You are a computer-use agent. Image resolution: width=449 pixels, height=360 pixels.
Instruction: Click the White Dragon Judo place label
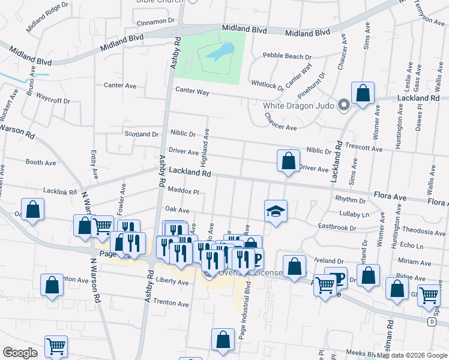click(x=298, y=106)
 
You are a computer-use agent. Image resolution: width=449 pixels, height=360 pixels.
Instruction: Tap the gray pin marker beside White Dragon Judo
click(x=344, y=105)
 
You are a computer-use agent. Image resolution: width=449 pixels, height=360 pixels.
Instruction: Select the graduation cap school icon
click(x=276, y=211)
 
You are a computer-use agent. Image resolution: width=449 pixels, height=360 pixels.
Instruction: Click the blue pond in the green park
click(x=219, y=52)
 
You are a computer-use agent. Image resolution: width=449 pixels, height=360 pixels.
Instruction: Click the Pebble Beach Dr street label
click(x=288, y=57)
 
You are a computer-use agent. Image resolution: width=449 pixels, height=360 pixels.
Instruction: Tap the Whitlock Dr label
click(x=267, y=85)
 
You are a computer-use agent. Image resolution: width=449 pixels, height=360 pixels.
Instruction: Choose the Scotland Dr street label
click(x=141, y=134)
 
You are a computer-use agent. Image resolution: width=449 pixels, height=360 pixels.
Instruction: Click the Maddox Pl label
click(x=182, y=191)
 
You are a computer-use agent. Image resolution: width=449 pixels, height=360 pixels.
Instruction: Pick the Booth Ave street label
click(x=41, y=162)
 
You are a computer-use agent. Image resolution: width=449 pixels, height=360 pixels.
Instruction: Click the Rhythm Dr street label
click(x=351, y=199)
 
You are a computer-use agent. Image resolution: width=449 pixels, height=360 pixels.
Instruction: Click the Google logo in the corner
click(x=20, y=353)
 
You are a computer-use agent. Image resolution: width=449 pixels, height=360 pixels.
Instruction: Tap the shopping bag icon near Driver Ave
click(x=289, y=161)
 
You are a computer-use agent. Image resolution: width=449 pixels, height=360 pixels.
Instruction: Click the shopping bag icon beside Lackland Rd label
click(x=363, y=94)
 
